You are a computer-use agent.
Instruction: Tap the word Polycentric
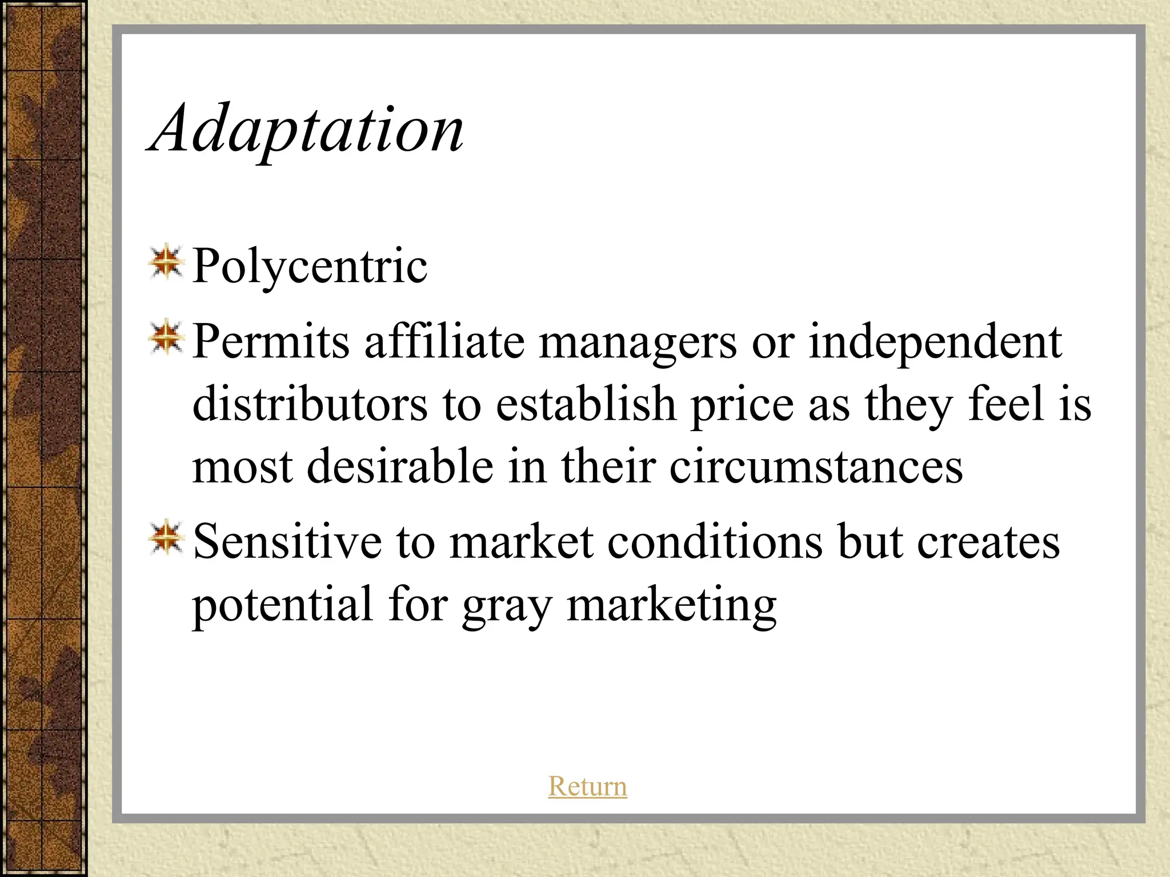(309, 266)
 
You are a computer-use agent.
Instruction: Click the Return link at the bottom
(587, 786)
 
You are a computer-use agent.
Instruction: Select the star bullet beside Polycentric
(166, 263)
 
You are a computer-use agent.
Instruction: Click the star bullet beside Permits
(166, 337)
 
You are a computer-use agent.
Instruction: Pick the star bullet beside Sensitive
(166, 537)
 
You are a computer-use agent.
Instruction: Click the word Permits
(271, 341)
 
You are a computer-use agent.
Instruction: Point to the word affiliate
(444, 341)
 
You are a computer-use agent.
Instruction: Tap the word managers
(638, 343)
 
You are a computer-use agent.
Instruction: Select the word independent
(935, 343)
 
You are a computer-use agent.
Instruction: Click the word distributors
(310, 404)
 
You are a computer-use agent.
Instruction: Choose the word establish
(586, 404)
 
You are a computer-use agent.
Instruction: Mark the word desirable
(400, 466)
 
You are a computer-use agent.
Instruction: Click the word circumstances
(816, 466)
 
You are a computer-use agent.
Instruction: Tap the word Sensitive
(287, 541)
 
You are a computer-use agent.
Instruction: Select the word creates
(988, 541)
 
